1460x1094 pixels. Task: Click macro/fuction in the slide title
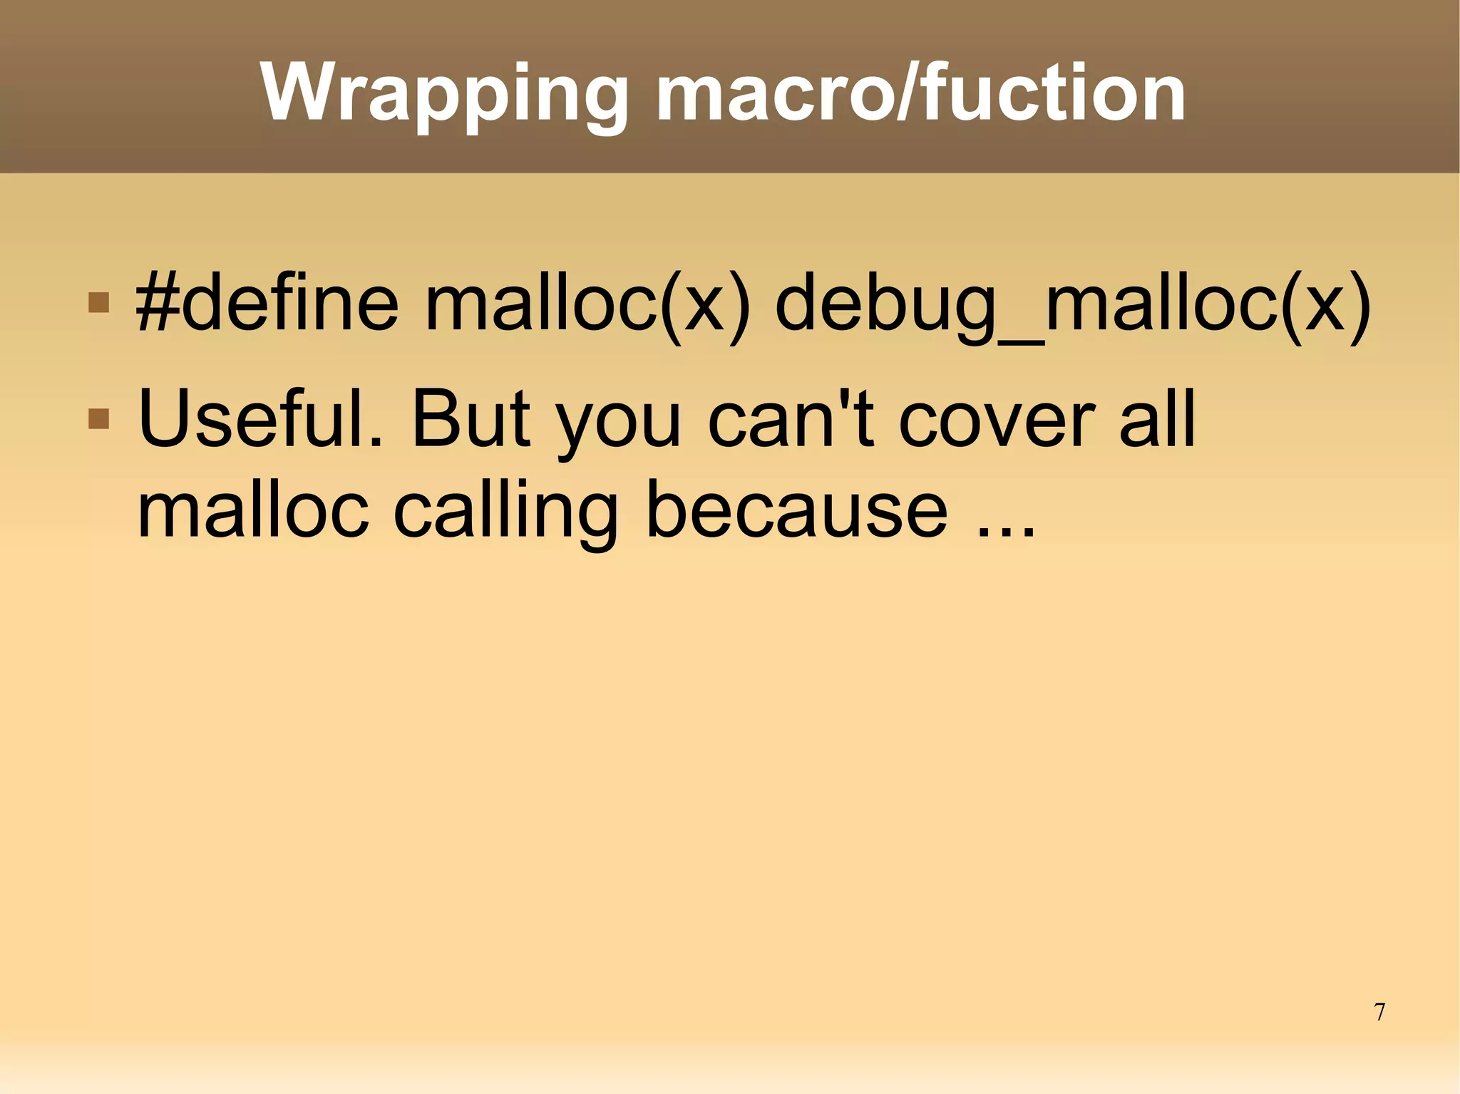pos(920,93)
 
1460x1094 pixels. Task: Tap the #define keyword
pos(267,305)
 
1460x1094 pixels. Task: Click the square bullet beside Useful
pos(98,418)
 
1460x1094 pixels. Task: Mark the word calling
pos(505,513)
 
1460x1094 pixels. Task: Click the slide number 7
pos(1379,1011)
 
